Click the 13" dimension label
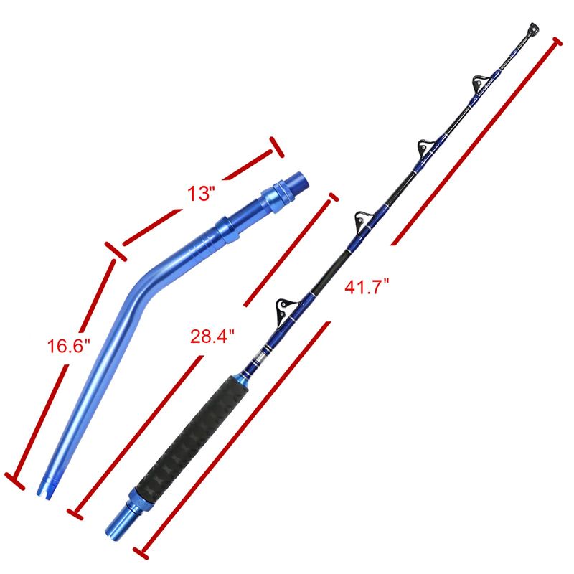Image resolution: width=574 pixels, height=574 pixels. pyautogui.click(x=200, y=194)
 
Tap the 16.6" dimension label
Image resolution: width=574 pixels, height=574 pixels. pyautogui.click(x=68, y=346)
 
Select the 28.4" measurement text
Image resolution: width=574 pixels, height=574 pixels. pyautogui.click(x=212, y=336)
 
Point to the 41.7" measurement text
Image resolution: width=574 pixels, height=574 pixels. pyautogui.click(x=367, y=286)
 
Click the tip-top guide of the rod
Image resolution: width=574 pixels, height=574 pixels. pyautogui.click(x=533, y=29)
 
